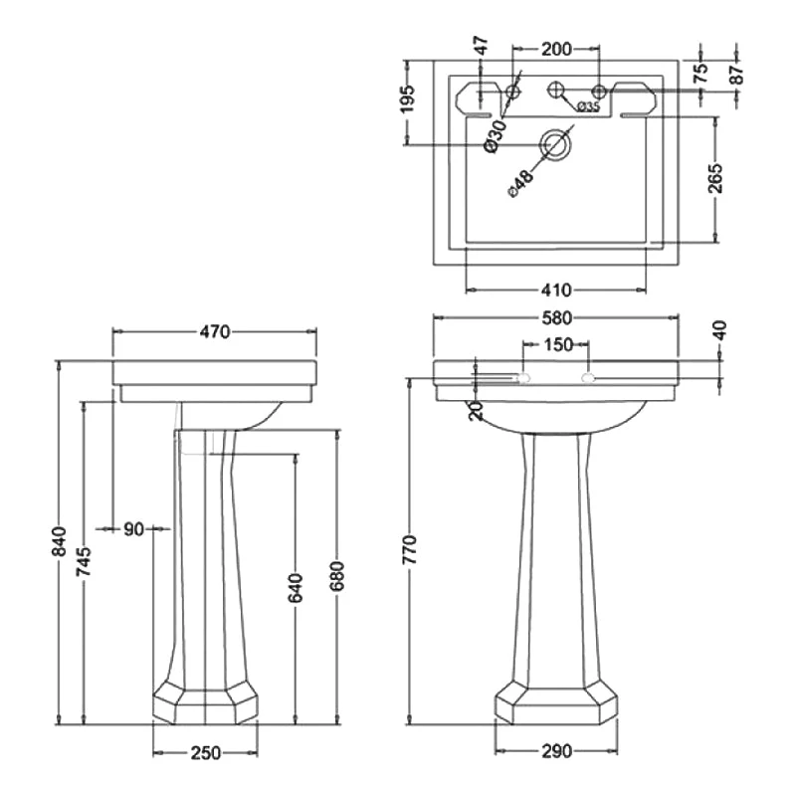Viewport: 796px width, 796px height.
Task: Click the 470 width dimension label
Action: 215,332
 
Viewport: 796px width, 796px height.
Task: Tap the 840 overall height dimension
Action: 61,540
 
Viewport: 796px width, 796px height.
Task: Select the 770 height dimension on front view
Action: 409,549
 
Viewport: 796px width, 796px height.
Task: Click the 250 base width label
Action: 205,753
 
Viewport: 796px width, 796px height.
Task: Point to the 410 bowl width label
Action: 557,290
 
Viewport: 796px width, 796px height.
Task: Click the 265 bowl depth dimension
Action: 714,179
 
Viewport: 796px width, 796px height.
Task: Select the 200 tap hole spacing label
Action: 556,48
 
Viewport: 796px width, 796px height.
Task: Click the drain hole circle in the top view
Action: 553,145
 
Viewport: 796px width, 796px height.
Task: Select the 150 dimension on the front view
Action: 557,345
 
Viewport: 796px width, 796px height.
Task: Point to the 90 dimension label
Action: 133,529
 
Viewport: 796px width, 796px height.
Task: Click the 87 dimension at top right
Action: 735,73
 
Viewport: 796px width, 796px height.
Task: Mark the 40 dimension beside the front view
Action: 719,330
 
